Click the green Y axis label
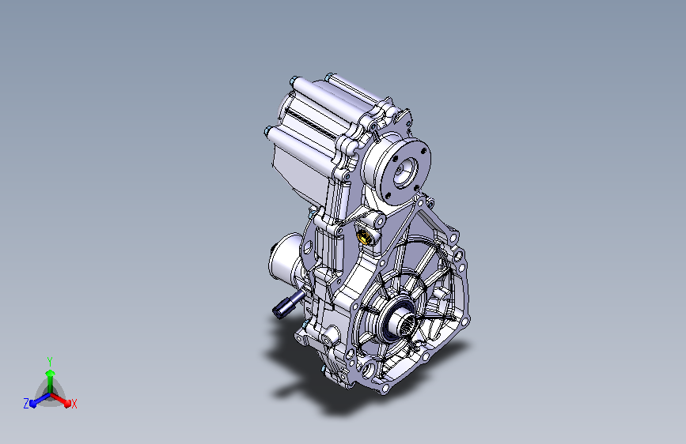tap(50, 361)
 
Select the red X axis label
tap(74, 404)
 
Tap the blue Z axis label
tap(26, 404)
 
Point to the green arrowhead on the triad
tap(51, 374)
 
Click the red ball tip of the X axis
tap(67, 404)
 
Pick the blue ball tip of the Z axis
tap(33, 404)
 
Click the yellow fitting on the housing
tap(364, 237)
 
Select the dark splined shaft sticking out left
tap(288, 305)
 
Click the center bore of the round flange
tap(404, 171)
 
